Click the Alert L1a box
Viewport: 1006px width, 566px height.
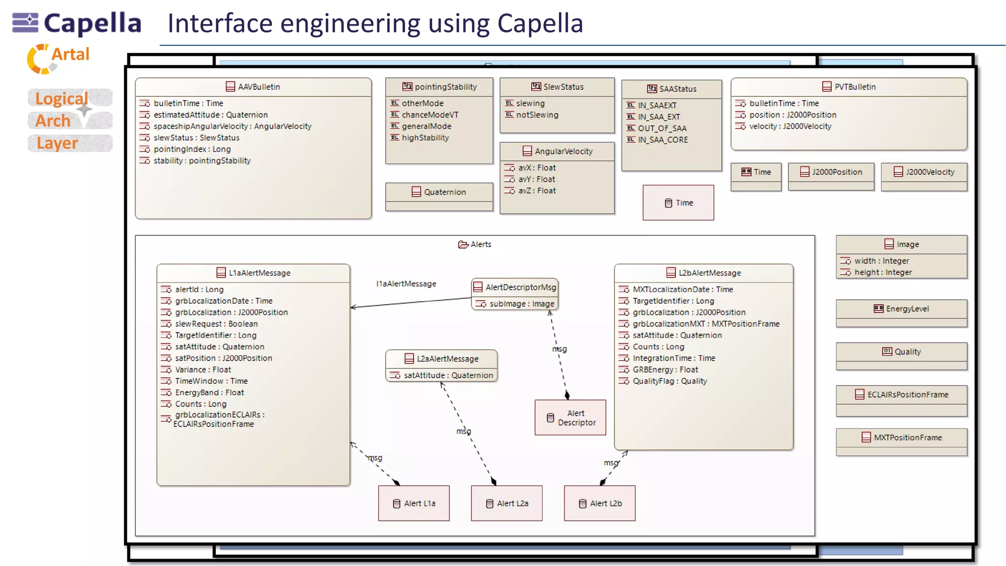[414, 503]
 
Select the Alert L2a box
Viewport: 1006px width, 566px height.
[506, 503]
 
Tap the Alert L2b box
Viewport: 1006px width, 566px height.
[599, 503]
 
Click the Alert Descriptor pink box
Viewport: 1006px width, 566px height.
[570, 418]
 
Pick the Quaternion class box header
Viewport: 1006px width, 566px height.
[439, 192]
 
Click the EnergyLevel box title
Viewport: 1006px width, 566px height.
[902, 309]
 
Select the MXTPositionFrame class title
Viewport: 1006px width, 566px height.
[902, 438]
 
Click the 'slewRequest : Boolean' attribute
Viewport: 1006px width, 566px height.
[216, 324]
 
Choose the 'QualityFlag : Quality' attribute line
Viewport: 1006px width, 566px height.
[670, 381]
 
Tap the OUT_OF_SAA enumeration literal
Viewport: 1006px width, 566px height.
[662, 128]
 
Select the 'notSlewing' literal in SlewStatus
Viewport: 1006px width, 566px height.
[537, 115]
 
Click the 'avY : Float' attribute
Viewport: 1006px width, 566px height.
[536, 179]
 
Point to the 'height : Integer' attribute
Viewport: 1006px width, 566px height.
[883, 273]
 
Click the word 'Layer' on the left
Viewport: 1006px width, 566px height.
[57, 143]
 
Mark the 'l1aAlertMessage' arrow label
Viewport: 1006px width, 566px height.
[406, 284]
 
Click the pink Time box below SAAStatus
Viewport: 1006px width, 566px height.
[678, 203]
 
